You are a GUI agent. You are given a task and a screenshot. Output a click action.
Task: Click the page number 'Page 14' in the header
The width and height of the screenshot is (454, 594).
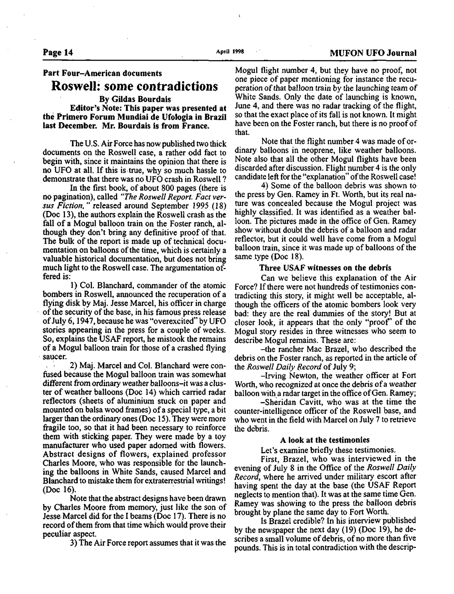pyautogui.click(x=57, y=52)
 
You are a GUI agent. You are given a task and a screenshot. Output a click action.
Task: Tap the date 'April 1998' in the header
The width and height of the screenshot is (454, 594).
pyautogui.click(x=230, y=51)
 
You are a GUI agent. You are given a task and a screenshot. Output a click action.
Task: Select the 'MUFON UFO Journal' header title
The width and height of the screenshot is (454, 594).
pyautogui.click(x=373, y=53)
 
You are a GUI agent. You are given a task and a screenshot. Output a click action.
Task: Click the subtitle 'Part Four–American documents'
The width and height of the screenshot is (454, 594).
pyautogui.click(x=102, y=73)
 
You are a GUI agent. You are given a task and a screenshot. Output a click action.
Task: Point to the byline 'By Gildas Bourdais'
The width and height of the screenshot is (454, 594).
pyautogui.click(x=135, y=99)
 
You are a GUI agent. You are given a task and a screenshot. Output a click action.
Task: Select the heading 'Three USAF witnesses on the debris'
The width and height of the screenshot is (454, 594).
pyautogui.click(x=325, y=268)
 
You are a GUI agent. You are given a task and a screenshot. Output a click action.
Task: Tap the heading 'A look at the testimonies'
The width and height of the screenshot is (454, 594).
pyautogui.click(x=325, y=440)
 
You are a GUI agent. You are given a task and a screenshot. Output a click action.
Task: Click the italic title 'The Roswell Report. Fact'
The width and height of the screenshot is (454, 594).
pyautogui.click(x=164, y=197)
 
